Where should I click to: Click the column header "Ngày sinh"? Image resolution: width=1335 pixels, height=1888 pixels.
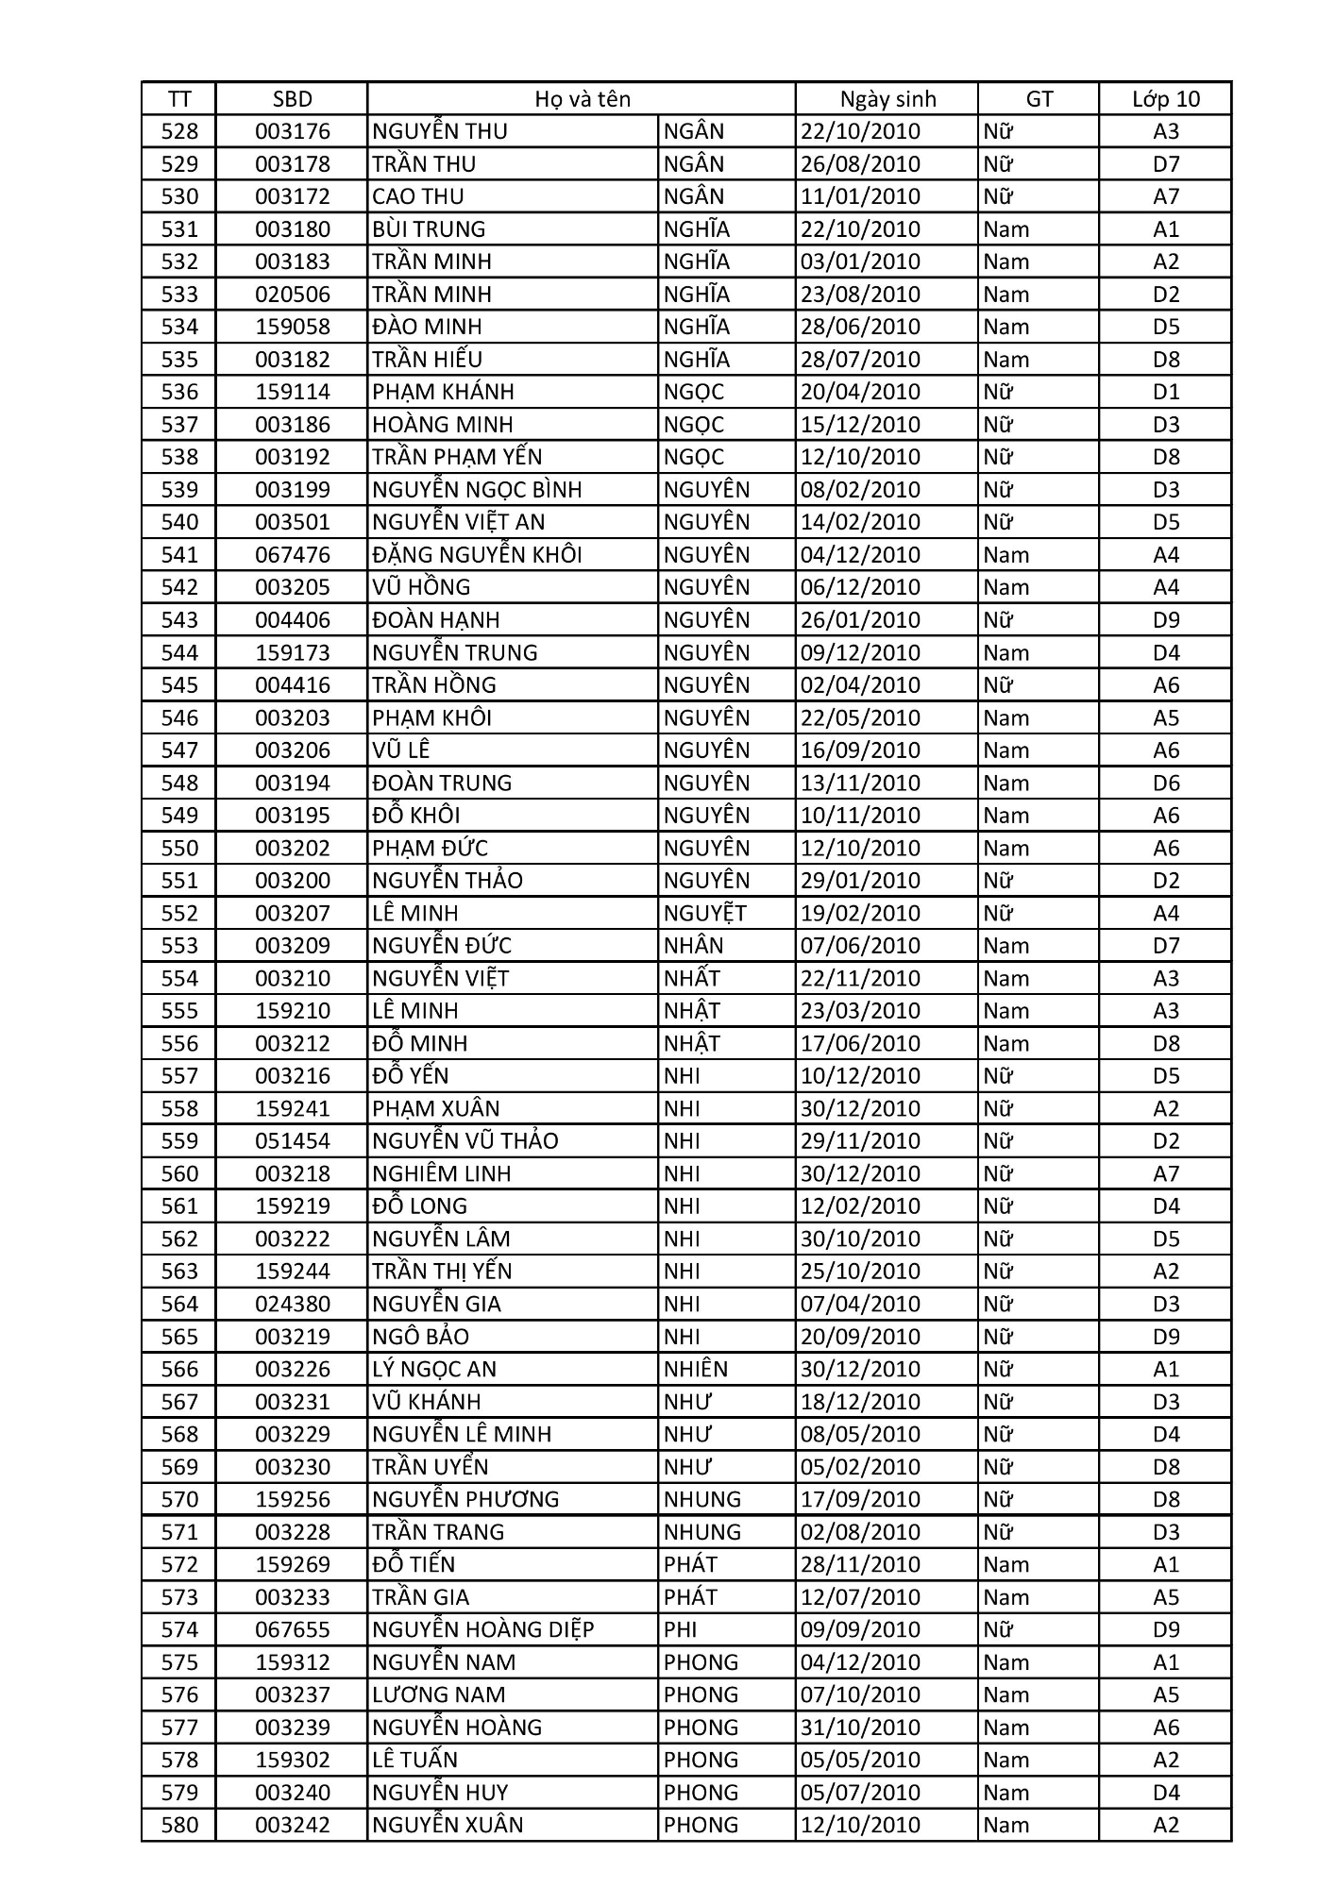(887, 99)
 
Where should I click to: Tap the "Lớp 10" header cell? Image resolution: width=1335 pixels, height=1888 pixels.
(1166, 99)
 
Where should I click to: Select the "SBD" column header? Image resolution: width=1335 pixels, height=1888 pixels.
(292, 99)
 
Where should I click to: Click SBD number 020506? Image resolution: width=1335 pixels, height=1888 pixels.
(293, 295)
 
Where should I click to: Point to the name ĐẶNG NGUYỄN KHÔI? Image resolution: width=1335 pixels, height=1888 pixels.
(477, 555)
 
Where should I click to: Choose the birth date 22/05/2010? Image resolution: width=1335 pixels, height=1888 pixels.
(860, 718)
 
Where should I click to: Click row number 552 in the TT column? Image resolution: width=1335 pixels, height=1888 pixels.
(179, 914)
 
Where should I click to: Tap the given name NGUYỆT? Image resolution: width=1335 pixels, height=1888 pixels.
(704, 914)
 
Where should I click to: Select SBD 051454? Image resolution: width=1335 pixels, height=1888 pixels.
(293, 1141)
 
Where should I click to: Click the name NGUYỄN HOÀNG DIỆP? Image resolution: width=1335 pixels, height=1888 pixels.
(482, 1630)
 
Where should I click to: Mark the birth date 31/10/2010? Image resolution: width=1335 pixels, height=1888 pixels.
(860, 1728)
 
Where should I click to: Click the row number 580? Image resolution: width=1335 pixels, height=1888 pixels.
(179, 1826)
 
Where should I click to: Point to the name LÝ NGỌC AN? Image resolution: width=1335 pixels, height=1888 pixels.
(433, 1370)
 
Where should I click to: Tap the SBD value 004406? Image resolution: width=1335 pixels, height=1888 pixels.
(293, 620)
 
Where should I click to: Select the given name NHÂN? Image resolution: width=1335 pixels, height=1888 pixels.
(693, 946)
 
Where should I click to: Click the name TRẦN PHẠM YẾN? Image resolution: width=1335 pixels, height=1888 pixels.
(457, 457)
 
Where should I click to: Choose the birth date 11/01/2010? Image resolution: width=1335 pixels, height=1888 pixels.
(860, 196)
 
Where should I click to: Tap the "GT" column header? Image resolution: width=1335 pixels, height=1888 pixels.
(1039, 99)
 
